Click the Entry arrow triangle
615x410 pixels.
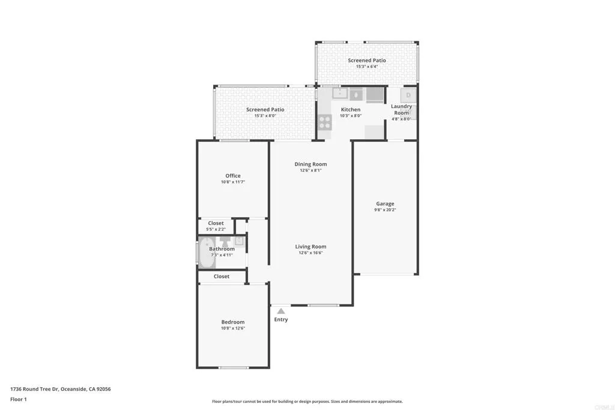tap(280, 310)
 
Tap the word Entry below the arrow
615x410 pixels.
tap(281, 319)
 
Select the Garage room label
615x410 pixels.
tap(385, 204)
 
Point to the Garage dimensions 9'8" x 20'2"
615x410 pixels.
tap(385, 210)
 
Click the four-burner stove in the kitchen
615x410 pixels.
tap(324, 122)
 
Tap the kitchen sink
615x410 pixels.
tap(340, 94)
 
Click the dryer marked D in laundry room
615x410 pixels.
tap(408, 95)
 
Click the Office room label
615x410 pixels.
tap(233, 176)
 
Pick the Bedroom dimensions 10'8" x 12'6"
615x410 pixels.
tap(233, 328)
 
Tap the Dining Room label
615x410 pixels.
tap(311, 164)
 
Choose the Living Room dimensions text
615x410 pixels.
tap(311, 253)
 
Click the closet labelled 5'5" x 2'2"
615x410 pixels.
tap(216, 226)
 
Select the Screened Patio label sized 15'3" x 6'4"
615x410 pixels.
tap(367, 61)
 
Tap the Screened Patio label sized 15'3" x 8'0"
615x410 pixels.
tap(265, 110)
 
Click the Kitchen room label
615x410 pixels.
tap(351, 110)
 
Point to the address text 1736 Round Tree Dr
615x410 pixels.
tap(60, 389)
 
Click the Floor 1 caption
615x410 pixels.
tap(19, 399)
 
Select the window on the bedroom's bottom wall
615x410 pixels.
tap(234, 367)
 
